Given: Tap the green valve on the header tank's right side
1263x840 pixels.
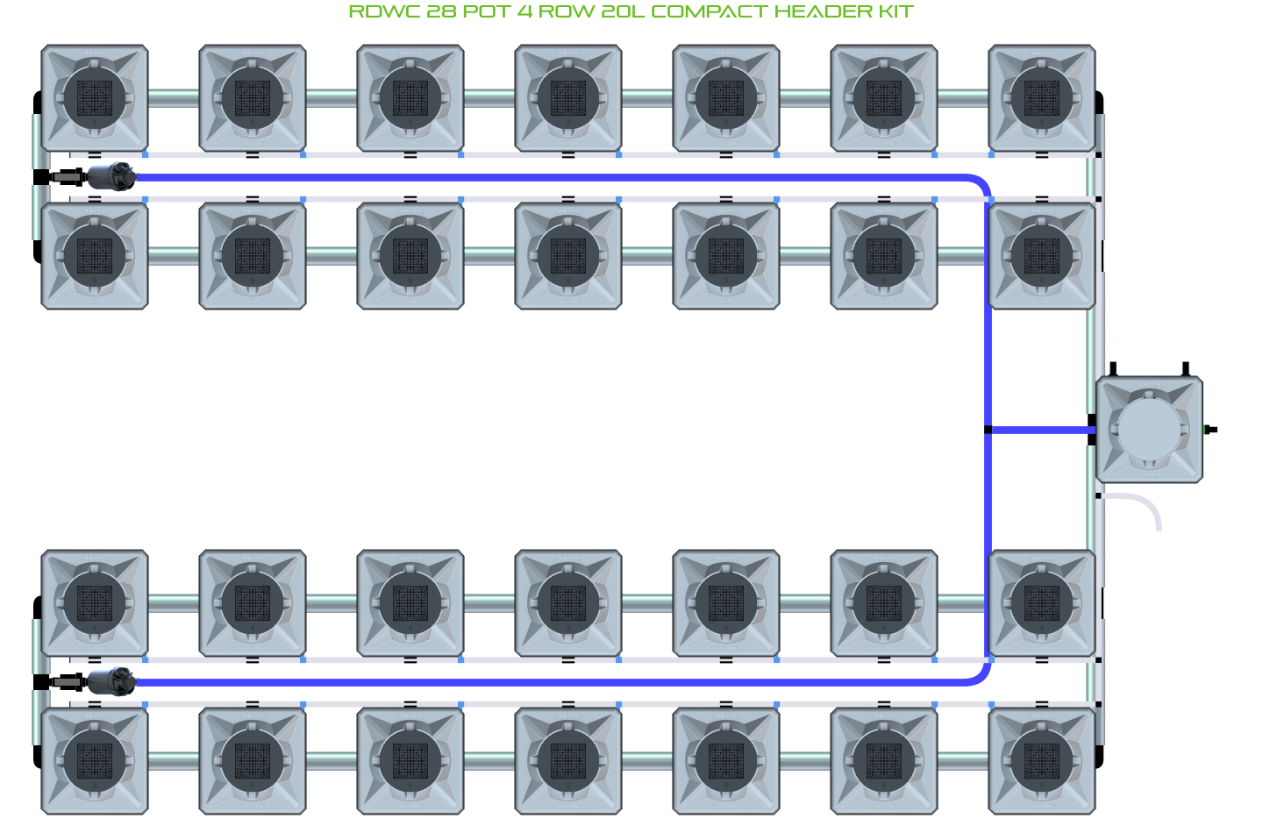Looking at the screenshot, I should coord(1209,430).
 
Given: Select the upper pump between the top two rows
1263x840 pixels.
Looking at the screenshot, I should coord(111,177).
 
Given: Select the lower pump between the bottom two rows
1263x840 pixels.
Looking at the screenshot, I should coord(111,681).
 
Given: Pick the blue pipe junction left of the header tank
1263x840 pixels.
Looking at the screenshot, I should coord(988,430).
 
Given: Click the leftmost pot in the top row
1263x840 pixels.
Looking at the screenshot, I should coord(95,98).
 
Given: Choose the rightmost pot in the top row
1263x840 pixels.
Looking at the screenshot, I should coord(1042,98).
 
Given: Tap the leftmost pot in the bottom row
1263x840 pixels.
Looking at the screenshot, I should coord(95,761).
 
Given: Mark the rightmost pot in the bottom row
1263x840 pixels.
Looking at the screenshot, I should coord(1042,761).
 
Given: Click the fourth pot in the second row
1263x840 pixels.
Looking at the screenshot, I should coord(568,256).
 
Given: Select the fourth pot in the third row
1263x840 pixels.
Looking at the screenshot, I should coord(568,603).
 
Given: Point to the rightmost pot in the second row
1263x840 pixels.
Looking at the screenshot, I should coord(1042,256).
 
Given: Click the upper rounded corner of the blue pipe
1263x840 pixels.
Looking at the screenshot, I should coord(981,183).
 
